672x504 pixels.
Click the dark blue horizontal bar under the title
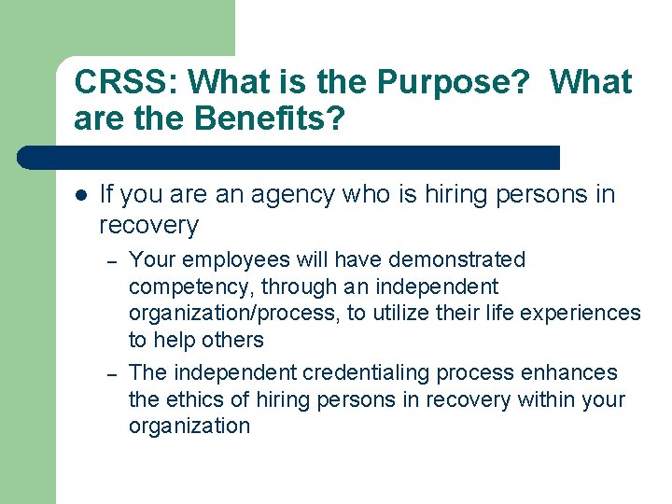click(x=289, y=157)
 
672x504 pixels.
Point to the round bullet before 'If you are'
click(x=81, y=195)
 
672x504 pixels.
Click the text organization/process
click(x=234, y=314)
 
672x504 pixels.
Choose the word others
click(x=232, y=340)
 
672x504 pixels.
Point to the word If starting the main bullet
click(x=105, y=194)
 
